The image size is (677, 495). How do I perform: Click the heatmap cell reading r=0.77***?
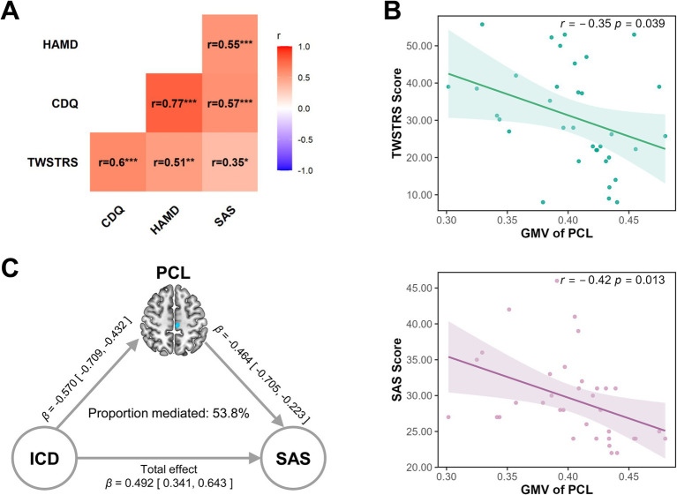click(174, 102)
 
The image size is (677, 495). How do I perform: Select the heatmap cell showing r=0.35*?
click(229, 161)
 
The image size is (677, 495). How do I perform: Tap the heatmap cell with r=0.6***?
click(118, 161)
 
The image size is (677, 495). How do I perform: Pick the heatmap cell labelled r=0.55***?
click(229, 44)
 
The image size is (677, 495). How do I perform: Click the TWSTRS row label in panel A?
click(53, 162)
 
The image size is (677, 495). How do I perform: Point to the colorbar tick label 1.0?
click(304, 47)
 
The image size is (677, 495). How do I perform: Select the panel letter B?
click(392, 11)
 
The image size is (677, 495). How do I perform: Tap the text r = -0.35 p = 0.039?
click(613, 23)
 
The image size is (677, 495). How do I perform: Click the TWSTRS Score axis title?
click(397, 113)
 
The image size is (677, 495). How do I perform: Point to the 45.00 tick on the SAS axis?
click(419, 288)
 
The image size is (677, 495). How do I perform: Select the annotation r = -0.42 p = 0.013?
click(613, 280)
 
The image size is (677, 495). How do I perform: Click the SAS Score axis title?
click(397, 370)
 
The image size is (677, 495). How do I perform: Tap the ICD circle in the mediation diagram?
click(44, 458)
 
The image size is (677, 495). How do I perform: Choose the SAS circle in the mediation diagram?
click(293, 458)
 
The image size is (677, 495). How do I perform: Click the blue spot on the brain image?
click(177, 325)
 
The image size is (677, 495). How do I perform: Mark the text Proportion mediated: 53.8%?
click(169, 414)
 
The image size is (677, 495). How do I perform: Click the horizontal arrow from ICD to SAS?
click(169, 458)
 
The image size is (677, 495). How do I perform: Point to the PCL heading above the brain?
click(173, 273)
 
